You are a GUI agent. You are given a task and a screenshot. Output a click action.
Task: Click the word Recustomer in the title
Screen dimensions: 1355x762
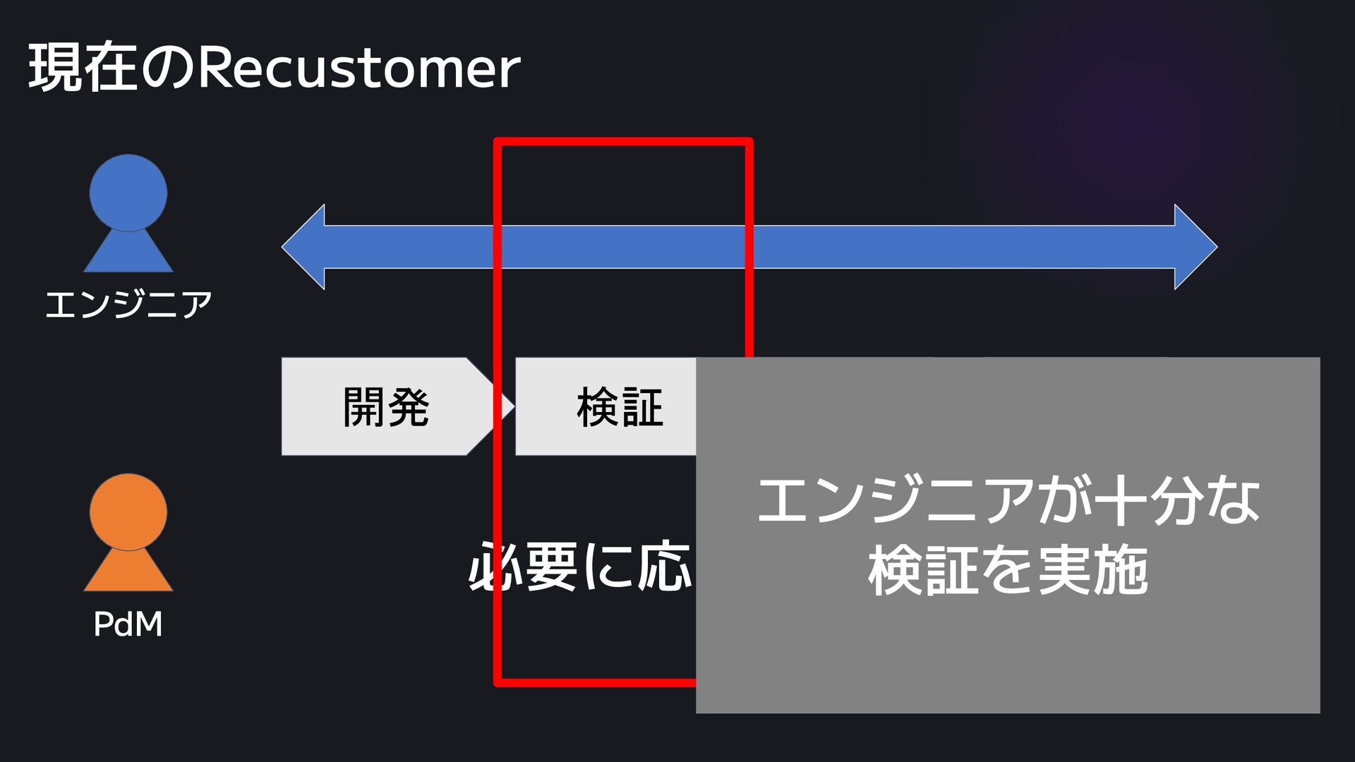click(x=359, y=68)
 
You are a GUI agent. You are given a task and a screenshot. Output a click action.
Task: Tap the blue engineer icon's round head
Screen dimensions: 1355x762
click(x=128, y=193)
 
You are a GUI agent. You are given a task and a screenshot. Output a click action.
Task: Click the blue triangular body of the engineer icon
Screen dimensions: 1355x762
click(x=128, y=253)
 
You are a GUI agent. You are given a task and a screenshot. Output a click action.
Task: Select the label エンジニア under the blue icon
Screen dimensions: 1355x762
click(x=128, y=305)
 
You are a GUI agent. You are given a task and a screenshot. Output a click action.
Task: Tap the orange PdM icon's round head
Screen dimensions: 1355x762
click(x=128, y=512)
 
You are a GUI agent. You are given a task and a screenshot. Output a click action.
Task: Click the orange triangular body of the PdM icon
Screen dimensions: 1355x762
click(x=128, y=572)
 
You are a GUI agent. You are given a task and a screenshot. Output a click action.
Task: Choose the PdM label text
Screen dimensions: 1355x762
click(x=128, y=624)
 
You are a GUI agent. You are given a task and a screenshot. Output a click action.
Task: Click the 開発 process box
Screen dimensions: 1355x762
click(x=385, y=407)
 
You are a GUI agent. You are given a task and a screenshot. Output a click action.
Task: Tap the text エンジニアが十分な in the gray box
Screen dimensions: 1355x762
click(x=1008, y=500)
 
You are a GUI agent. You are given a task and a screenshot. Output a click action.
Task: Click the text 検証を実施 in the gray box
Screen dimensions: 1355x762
click(x=1008, y=570)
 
